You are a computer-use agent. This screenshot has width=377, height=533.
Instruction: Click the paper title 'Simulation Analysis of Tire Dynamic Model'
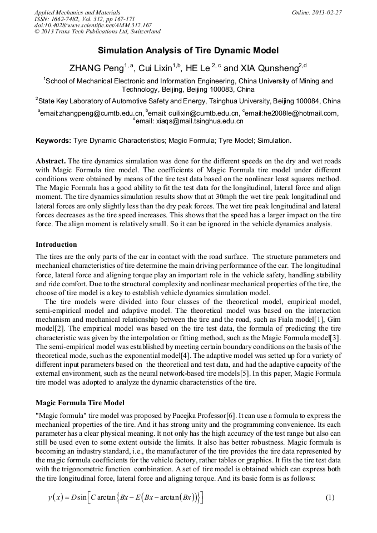(x=188, y=51)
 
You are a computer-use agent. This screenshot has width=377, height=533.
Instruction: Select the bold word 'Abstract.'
(x=51, y=160)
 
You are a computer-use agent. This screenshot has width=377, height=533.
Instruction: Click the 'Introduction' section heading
(x=56, y=244)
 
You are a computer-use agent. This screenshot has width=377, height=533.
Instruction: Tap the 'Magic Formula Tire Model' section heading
(x=80, y=402)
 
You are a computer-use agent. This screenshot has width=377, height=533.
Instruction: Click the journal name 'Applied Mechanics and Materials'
(x=77, y=12)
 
